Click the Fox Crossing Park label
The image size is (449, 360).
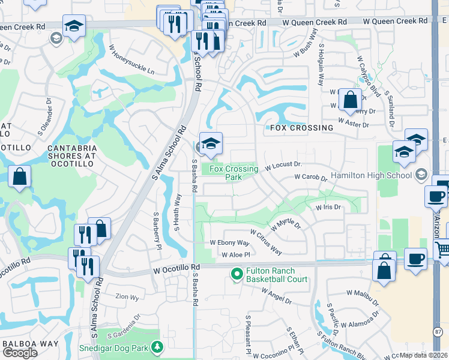click(234, 173)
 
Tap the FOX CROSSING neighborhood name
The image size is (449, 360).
click(301, 128)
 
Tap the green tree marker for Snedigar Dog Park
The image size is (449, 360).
click(157, 347)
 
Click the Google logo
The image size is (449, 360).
click(20, 352)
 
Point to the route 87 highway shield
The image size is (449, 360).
click(437, 331)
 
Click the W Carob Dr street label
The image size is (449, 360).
click(310, 178)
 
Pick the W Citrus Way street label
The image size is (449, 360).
click(266, 241)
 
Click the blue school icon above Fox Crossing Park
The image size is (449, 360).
click(211, 144)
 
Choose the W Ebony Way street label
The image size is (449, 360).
click(229, 243)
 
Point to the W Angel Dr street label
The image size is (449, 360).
click(276, 295)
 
